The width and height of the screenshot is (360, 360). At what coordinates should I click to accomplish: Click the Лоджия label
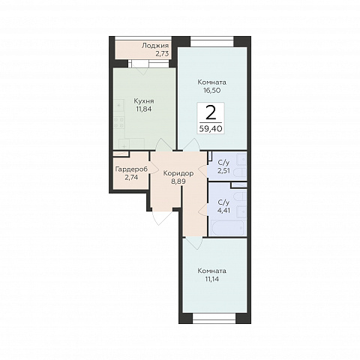click(x=155, y=46)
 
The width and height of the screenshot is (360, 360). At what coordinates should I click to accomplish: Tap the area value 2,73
click(x=162, y=54)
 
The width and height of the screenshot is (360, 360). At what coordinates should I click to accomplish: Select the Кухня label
click(x=144, y=101)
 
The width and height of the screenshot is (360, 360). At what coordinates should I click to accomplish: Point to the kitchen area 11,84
click(x=144, y=109)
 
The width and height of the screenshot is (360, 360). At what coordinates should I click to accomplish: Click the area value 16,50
click(x=212, y=90)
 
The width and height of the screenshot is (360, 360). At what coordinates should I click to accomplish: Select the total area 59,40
click(x=211, y=129)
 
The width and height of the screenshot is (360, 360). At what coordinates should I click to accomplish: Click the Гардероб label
click(x=131, y=169)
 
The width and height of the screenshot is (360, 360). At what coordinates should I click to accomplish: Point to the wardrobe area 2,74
click(x=131, y=178)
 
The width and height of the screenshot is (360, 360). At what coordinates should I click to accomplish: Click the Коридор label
click(x=178, y=173)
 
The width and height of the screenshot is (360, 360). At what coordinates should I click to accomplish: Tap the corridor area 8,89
click(x=178, y=181)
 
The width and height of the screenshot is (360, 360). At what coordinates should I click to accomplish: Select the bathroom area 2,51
click(x=223, y=171)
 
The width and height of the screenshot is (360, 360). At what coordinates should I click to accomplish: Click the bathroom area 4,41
click(x=223, y=210)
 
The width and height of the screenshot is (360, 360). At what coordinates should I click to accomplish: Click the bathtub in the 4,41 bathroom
click(x=227, y=227)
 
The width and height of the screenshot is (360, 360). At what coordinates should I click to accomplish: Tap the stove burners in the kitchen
click(x=119, y=122)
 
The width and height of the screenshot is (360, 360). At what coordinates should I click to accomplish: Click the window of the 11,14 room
click(x=214, y=318)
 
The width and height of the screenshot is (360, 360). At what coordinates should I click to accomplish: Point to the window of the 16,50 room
click(x=212, y=42)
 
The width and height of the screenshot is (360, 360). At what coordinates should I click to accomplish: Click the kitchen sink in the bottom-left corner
click(x=124, y=144)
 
